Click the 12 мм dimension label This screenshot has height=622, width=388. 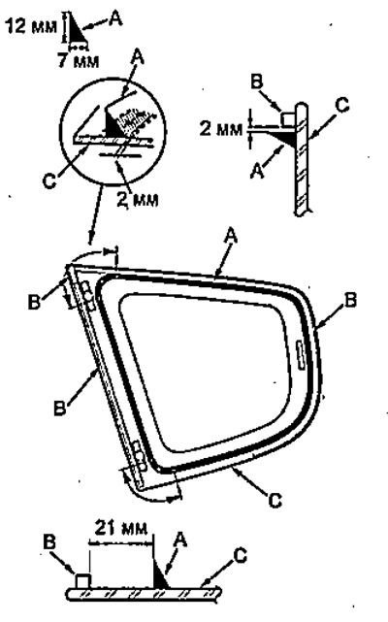(31, 26)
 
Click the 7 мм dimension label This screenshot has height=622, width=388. (78, 60)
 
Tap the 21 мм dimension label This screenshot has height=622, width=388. (120, 529)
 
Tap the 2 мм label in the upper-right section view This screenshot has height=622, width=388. (220, 129)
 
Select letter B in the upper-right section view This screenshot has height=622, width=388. (257, 82)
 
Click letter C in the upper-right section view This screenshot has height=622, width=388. (341, 105)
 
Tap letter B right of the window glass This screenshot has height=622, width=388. (351, 300)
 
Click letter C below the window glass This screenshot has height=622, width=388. (275, 500)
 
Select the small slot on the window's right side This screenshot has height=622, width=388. (301, 356)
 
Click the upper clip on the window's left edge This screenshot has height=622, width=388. (88, 296)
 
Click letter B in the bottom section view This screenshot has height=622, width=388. (49, 542)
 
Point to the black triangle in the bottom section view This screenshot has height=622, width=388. (160, 573)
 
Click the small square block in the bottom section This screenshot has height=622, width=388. (82, 580)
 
